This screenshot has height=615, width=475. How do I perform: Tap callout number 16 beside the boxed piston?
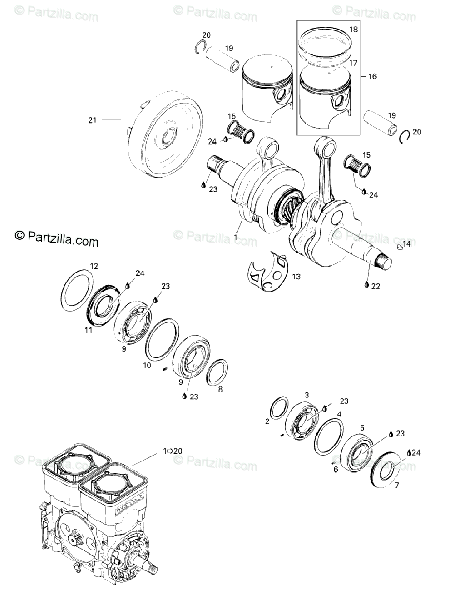click(x=372, y=76)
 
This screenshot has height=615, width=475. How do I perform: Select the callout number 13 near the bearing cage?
click(x=296, y=277)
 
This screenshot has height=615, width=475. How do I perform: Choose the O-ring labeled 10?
click(x=162, y=338)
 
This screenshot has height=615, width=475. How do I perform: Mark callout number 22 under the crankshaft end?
click(x=375, y=286)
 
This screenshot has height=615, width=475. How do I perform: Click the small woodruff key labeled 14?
click(x=400, y=247)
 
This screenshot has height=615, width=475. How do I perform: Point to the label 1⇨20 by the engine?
click(x=172, y=451)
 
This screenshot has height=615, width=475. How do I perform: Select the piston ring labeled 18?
click(x=325, y=41)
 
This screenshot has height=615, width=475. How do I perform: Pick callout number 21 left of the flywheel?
click(x=92, y=120)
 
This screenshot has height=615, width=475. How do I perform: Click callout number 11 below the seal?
click(x=89, y=330)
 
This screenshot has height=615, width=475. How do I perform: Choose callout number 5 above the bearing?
click(x=362, y=427)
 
